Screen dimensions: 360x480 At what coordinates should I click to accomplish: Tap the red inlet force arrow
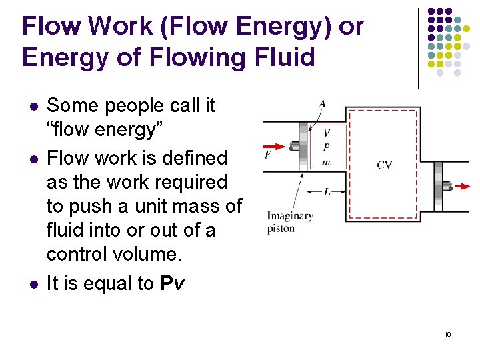click(274, 146)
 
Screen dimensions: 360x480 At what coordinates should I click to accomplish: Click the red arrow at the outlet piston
click(459, 187)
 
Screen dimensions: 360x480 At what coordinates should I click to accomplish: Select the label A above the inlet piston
click(322, 103)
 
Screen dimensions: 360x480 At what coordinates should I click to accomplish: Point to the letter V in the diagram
click(326, 133)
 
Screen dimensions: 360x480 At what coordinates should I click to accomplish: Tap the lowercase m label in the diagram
click(326, 162)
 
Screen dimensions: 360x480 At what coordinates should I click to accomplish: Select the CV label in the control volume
click(385, 165)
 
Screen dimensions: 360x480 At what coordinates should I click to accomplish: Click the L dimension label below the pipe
click(327, 192)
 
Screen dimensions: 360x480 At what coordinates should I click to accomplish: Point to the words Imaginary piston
click(290, 222)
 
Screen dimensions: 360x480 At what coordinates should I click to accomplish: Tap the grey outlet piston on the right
click(439, 187)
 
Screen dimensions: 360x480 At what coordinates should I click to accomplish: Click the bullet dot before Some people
click(32, 106)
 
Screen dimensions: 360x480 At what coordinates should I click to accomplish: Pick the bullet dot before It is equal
click(32, 284)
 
